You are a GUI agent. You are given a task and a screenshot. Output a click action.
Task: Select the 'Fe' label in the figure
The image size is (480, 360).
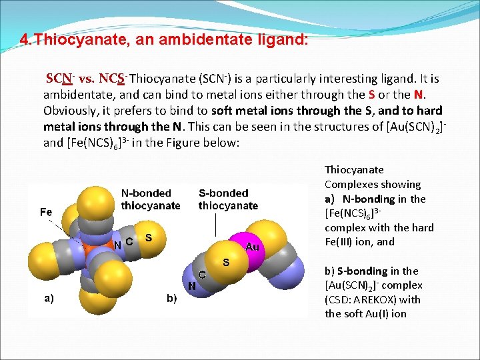tap(46, 212)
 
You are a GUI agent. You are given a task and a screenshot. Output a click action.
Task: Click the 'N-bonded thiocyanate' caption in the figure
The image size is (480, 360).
tap(151, 199)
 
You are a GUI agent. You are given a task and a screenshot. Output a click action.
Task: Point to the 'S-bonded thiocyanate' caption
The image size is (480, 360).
tap(228, 199)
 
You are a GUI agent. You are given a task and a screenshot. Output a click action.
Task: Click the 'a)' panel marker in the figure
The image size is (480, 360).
tap(49, 298)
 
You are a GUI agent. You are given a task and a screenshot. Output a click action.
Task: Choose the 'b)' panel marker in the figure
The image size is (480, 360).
tap(172, 298)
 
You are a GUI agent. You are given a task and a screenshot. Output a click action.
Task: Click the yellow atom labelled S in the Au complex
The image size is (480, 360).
tap(225, 261)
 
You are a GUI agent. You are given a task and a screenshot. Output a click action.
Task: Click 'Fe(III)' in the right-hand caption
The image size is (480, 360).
tap(342, 242)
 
